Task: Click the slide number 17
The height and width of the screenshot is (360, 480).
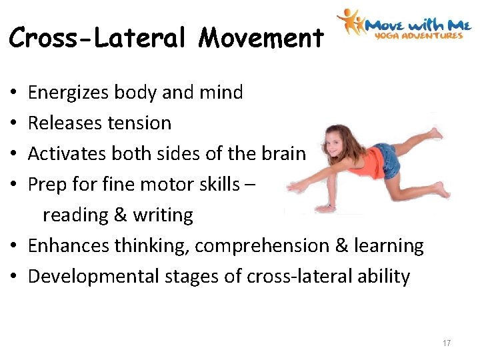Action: pos(446,343)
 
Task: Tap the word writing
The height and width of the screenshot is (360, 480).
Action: pos(165,215)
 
